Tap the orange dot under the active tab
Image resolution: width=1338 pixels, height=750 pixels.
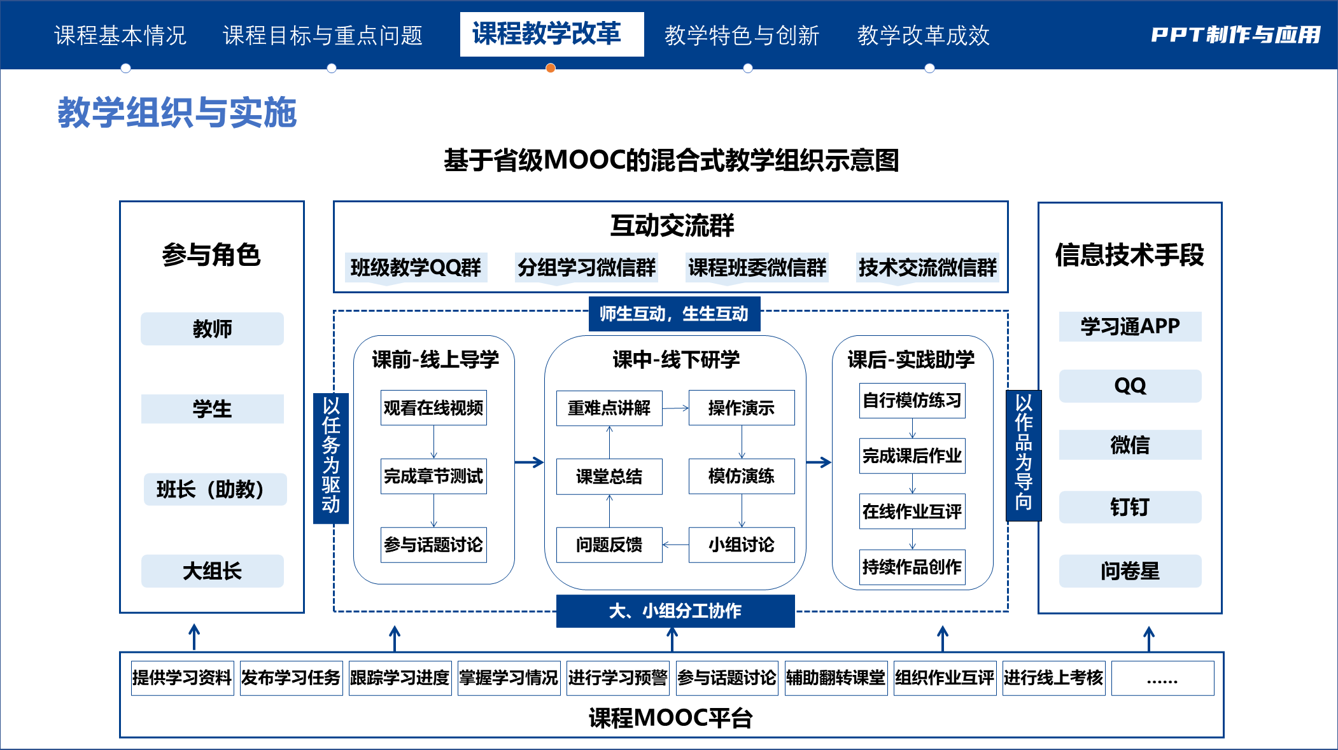[551, 68]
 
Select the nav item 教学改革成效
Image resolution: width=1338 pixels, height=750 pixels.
[923, 36]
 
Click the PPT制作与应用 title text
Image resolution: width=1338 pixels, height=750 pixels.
[1235, 35]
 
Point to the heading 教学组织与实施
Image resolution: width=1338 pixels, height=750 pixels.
[177, 113]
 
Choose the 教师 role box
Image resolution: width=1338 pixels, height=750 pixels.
[212, 329]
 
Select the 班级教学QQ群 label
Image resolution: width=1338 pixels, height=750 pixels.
[416, 267]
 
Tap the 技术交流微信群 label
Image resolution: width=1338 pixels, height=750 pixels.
[927, 267]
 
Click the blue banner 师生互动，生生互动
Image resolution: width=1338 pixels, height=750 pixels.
[674, 314]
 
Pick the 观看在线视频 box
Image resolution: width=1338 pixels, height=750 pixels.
[433, 408]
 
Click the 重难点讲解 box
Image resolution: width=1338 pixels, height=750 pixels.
[609, 408]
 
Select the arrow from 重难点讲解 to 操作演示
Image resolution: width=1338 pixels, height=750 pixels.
[675, 408]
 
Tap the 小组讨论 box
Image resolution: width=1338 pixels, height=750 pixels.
[742, 545]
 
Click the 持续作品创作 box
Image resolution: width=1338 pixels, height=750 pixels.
[912, 567]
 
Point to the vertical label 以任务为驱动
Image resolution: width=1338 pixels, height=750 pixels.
[331, 458]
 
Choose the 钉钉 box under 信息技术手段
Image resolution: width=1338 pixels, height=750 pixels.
[1130, 507]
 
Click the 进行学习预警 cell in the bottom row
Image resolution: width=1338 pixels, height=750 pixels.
[617, 678]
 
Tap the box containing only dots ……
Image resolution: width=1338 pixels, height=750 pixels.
[1162, 678]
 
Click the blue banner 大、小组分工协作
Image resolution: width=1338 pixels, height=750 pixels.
[675, 611]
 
